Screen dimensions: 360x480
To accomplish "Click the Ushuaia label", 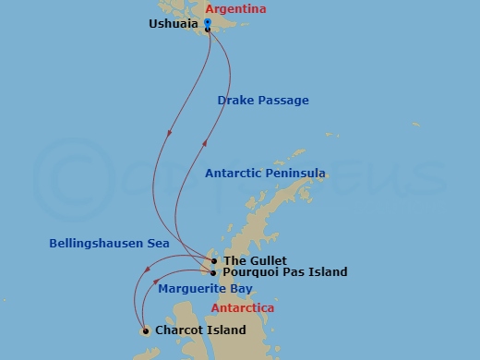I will (x=174, y=24).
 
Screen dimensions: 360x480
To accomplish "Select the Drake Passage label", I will (x=263, y=101).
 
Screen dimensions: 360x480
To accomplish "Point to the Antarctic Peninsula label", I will (x=265, y=174).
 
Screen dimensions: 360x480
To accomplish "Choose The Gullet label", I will (x=255, y=261).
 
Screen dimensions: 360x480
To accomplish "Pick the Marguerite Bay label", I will (x=205, y=289).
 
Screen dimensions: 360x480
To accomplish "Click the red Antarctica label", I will (x=242, y=308).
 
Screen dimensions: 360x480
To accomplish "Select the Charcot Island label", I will (x=200, y=330).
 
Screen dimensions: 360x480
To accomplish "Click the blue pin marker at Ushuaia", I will (x=208, y=23).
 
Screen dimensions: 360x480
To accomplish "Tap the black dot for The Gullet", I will (x=213, y=261).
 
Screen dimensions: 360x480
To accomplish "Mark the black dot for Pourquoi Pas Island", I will (x=213, y=272).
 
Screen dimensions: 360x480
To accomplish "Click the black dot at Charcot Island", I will (x=146, y=330).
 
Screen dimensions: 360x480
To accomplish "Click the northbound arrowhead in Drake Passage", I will (x=205, y=140).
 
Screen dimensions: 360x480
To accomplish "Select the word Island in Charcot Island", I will (x=227, y=330).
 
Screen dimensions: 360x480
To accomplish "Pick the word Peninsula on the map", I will (x=293, y=174).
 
